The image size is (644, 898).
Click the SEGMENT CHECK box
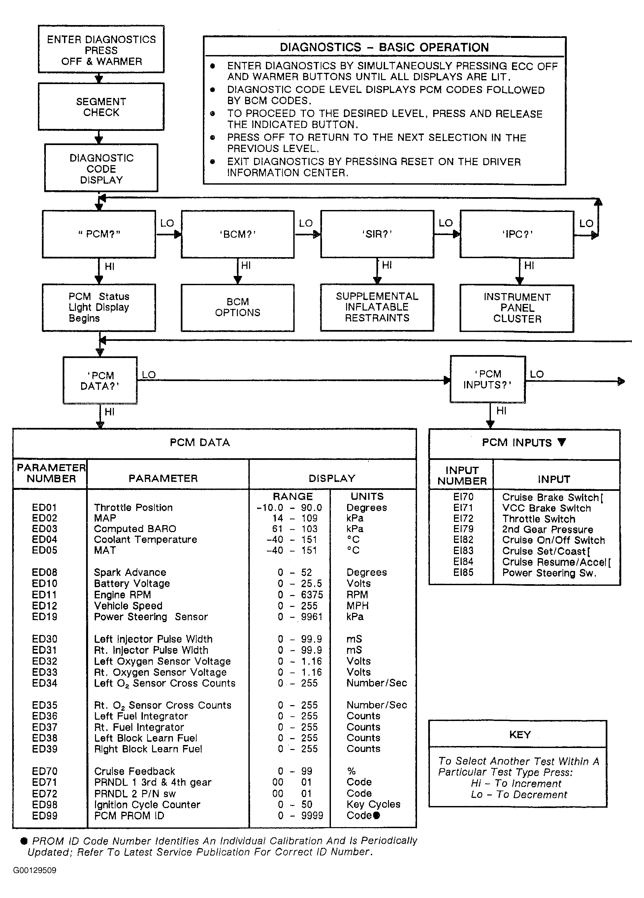(x=101, y=107)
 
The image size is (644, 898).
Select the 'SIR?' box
(x=377, y=234)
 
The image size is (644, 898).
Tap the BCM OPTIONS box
(x=238, y=307)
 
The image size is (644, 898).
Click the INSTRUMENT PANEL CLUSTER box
(x=517, y=308)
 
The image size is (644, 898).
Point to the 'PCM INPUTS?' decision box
(x=488, y=379)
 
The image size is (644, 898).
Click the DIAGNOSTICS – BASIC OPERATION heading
(x=384, y=47)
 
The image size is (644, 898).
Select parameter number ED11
(x=45, y=595)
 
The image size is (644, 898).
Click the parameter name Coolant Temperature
(x=145, y=539)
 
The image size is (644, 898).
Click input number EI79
(x=463, y=529)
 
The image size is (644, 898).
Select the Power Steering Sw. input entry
(x=549, y=573)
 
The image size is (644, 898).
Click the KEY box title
(x=520, y=734)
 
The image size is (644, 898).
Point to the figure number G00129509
(x=35, y=870)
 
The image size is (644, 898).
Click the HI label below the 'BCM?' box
(x=246, y=266)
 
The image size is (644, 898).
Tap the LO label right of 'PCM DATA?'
(x=148, y=374)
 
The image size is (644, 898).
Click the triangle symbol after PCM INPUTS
(x=562, y=442)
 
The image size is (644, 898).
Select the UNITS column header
(x=367, y=496)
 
